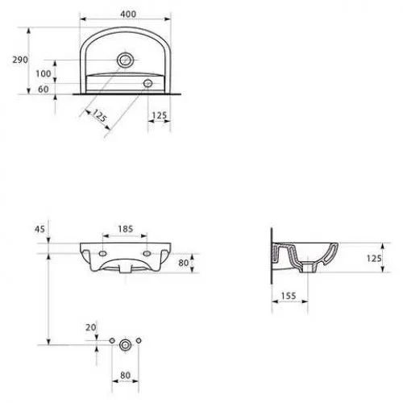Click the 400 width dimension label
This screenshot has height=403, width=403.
[x=128, y=14]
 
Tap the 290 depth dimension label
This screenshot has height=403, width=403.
[x=20, y=60]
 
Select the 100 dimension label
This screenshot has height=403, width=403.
[x=44, y=73]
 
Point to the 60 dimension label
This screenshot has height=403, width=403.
[x=44, y=89]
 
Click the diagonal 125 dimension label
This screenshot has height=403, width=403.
[x=100, y=115]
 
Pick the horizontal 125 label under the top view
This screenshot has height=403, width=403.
[x=160, y=115]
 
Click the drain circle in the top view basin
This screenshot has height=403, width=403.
[x=125, y=60]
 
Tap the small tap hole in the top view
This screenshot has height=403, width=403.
[x=147, y=83]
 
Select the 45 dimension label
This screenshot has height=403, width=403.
[x=39, y=229]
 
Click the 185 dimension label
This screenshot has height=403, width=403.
[x=126, y=229]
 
